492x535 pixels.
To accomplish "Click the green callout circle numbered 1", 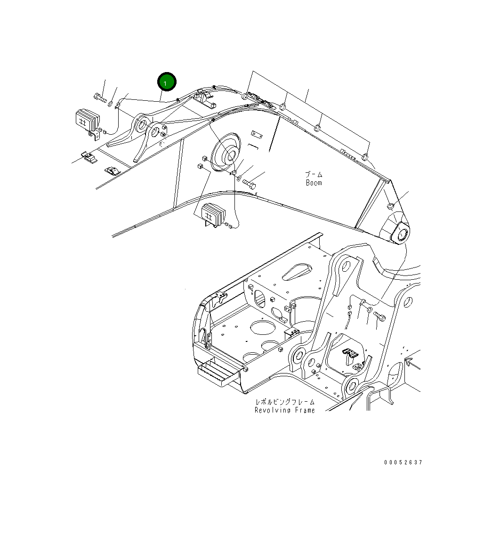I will [167, 82].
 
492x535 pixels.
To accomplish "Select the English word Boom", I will [314, 183].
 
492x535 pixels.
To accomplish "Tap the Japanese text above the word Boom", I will [314, 174].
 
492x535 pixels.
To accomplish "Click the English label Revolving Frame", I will [285, 410].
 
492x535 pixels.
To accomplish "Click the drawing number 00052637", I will [403, 462].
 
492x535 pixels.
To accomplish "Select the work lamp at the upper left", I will [88, 120].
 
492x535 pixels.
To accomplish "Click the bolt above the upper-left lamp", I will [99, 99].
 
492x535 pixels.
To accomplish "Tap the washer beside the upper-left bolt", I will [110, 104].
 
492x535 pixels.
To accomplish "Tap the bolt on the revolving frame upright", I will [380, 318].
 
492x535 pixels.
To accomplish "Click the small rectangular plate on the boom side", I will [257, 134].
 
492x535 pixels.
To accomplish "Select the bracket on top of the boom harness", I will [204, 98].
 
